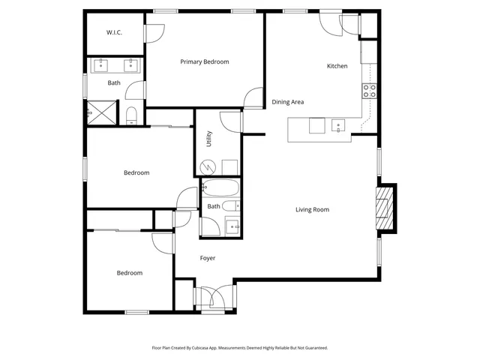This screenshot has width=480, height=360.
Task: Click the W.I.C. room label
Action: [x=114, y=32]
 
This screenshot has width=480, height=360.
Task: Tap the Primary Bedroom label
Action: [x=205, y=61]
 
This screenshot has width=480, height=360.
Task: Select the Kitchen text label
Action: [x=337, y=66]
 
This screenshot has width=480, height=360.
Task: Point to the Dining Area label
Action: [x=287, y=102]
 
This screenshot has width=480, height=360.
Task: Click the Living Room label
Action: [x=312, y=209]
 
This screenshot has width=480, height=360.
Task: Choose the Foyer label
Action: [x=208, y=258]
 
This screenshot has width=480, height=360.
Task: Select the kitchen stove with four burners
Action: [x=369, y=91]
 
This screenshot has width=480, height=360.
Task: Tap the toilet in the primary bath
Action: [x=131, y=115]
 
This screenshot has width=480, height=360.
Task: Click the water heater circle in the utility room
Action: [x=211, y=166]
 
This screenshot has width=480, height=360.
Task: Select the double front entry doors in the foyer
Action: [x=214, y=298]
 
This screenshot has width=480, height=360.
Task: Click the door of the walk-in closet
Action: [x=154, y=34]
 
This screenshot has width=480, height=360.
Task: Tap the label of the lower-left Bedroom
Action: [x=129, y=273]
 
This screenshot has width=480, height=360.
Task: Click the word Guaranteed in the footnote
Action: [x=313, y=348]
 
